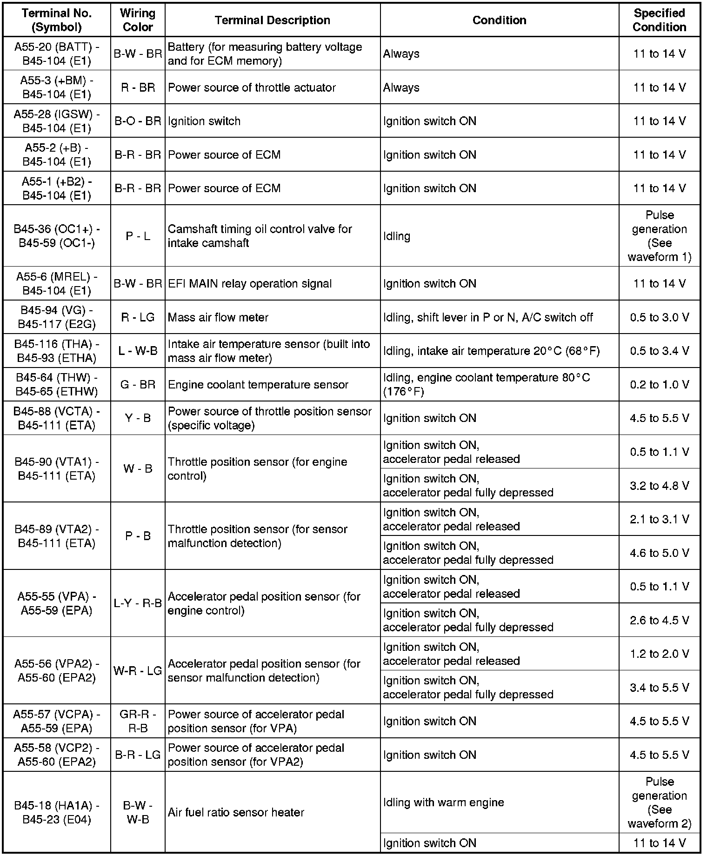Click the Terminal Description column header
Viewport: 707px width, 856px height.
pyautogui.click(x=272, y=20)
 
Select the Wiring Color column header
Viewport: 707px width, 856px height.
pyautogui.click(x=138, y=20)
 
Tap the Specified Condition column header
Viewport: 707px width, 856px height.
pyautogui.click(x=659, y=20)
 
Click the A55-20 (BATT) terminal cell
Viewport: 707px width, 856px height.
pyautogui.click(x=56, y=54)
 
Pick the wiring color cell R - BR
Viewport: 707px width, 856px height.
pyautogui.click(x=138, y=87)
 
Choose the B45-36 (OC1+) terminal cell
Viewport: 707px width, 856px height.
pyautogui.click(x=56, y=236)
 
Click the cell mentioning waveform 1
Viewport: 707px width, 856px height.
pyautogui.click(x=659, y=236)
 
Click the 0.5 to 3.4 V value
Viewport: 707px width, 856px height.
pyautogui.click(x=659, y=351)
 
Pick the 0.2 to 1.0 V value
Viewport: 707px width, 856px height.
pyautogui.click(x=659, y=385)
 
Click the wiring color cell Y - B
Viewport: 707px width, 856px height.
pyautogui.click(x=138, y=418)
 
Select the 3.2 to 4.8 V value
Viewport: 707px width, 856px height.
pyautogui.click(x=659, y=486)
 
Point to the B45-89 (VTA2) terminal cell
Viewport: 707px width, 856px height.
pyautogui.click(x=56, y=536)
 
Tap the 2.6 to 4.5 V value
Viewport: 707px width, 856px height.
pyautogui.click(x=659, y=620)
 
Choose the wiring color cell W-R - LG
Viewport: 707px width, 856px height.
pyautogui.click(x=138, y=670)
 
